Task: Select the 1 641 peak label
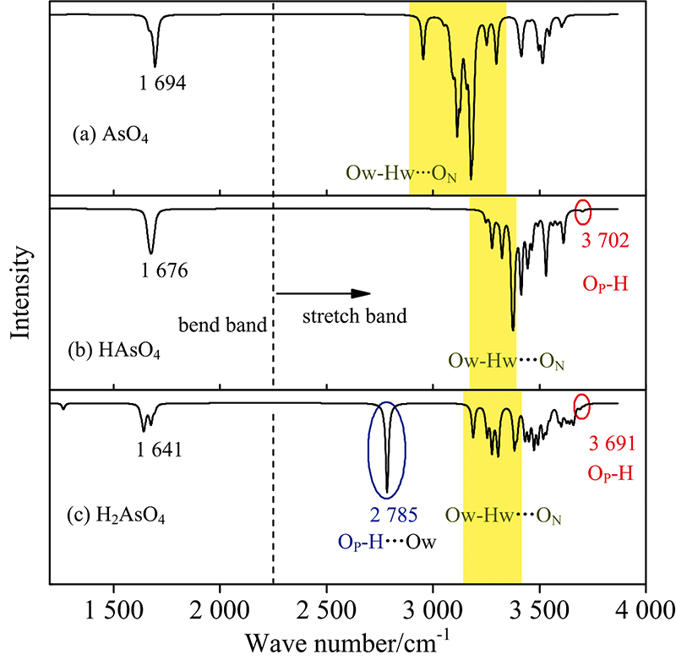point(159,448)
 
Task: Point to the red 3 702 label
point(606,240)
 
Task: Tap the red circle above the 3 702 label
point(583,212)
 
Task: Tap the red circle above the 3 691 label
point(582,404)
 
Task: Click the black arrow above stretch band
point(324,293)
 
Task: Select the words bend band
point(222,323)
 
